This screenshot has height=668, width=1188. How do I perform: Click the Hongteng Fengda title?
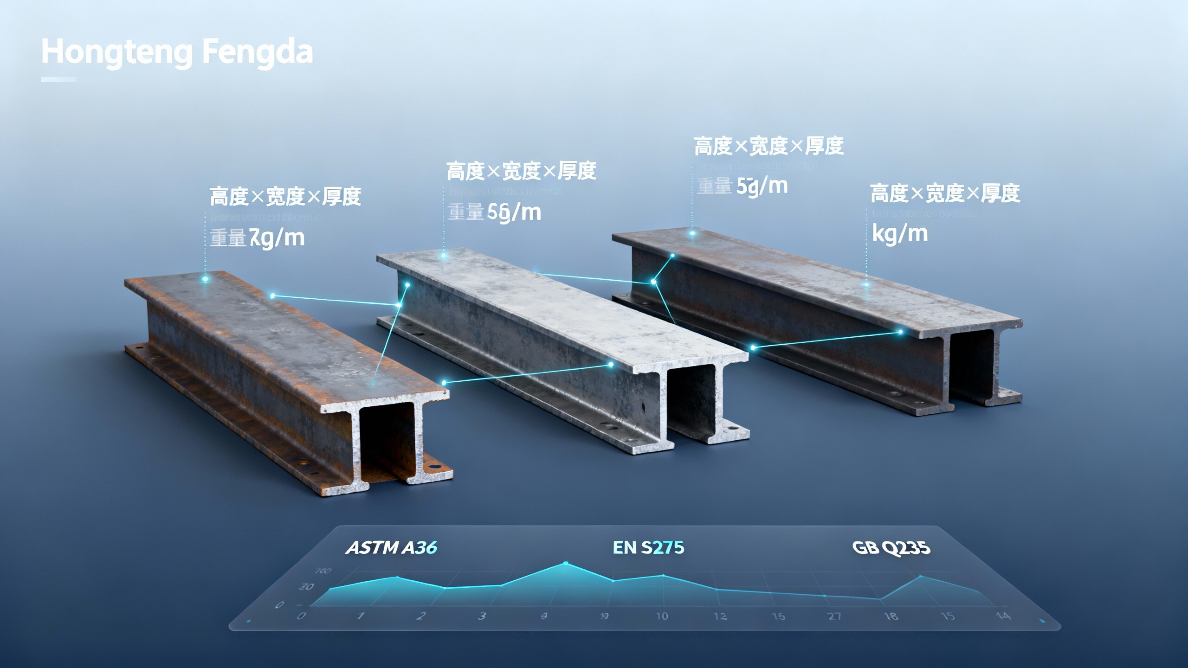[x=177, y=52]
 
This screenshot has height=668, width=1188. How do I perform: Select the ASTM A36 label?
[x=391, y=548]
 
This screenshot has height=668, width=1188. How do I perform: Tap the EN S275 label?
[x=648, y=548]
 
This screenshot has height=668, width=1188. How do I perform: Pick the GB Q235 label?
[x=891, y=548]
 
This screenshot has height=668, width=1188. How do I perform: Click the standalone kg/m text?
[x=900, y=233]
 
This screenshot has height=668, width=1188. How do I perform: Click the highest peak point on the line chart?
[x=566, y=564]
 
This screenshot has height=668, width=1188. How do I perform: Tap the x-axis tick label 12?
[x=720, y=616]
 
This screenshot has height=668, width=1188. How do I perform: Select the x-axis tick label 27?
[x=834, y=616]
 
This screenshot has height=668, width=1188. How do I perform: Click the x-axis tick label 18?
[x=891, y=616]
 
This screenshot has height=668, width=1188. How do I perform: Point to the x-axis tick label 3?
[x=482, y=616]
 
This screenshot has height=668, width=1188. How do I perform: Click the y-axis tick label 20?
[x=306, y=587]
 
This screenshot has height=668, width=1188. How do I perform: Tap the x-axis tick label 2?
[x=421, y=616]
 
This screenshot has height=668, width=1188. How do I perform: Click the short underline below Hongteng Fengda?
[x=58, y=79]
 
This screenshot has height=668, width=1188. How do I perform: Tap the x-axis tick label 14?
[x=1003, y=616]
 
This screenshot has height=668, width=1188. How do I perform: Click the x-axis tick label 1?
[x=360, y=616]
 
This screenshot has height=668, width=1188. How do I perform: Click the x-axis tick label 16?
[x=778, y=616]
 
